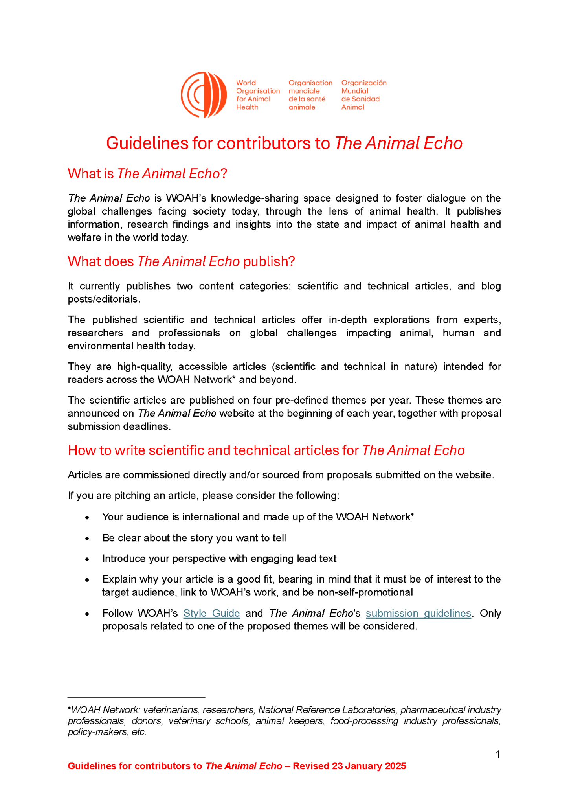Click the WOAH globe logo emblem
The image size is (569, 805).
(204, 95)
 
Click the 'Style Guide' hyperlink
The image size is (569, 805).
(211, 613)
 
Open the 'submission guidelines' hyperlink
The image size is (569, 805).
(418, 613)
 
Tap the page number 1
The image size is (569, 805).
(498, 754)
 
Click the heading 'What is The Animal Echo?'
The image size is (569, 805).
(147, 174)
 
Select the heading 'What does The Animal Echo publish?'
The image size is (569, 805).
(181, 261)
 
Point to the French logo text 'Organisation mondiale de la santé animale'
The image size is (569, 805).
(310, 95)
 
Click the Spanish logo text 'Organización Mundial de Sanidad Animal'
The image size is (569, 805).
(363, 95)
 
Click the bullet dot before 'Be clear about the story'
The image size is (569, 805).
(87, 539)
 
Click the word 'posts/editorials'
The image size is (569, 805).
(103, 299)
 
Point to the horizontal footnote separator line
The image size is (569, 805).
(136, 697)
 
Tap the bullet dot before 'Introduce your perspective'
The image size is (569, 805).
(87, 559)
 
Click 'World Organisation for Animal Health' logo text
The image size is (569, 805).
(257, 95)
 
